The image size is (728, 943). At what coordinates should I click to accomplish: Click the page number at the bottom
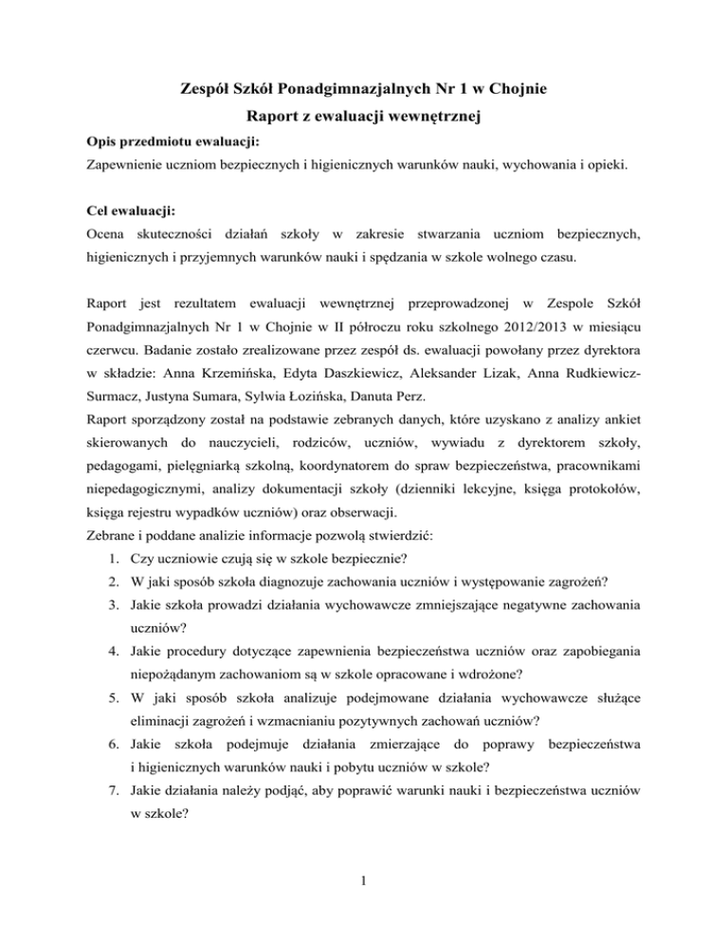(x=364, y=901)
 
